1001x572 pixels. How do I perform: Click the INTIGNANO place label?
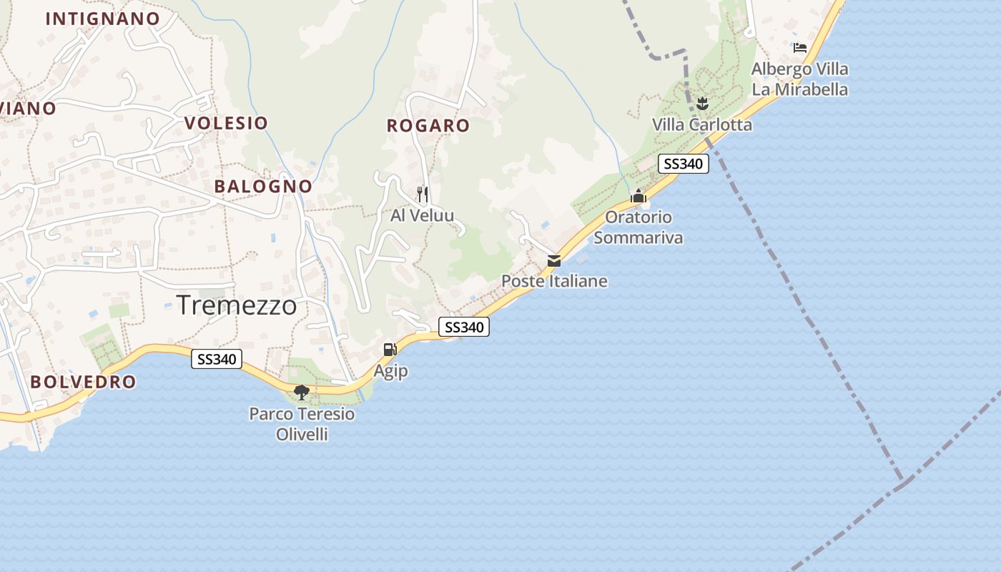102,19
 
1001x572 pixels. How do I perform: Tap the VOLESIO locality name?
226,123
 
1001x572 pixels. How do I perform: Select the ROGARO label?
428,126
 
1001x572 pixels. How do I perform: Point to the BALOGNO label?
263,187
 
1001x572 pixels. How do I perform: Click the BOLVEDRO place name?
83,382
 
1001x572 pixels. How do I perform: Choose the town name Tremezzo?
237,305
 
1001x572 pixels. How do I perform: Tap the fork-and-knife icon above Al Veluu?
423,194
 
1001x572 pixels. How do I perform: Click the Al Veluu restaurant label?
422,215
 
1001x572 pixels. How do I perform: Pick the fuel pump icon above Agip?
390,350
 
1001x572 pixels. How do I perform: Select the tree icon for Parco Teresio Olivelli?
302,392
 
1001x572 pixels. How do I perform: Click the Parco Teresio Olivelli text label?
302,423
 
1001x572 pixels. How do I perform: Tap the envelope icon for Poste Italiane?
554,261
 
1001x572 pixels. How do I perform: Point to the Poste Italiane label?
554,281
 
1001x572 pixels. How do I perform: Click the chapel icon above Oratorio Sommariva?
638,196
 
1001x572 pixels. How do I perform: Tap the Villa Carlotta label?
701,125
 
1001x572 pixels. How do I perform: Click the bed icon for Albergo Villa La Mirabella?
800,48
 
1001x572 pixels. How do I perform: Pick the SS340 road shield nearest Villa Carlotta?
683,164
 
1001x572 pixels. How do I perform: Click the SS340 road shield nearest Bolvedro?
217,359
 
